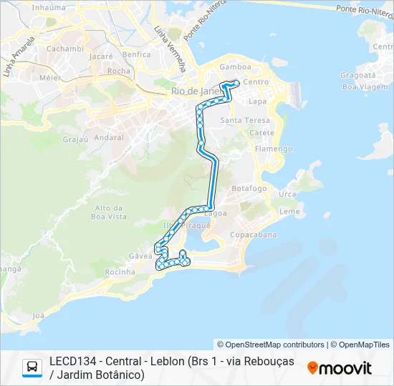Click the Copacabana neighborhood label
tap(253, 234)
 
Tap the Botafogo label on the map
tap(249, 188)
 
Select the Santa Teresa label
tap(245, 120)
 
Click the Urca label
tap(287, 194)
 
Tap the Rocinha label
tap(120, 272)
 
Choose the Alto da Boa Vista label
tap(110, 212)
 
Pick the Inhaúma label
tap(49, 7)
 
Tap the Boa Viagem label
tap(360, 86)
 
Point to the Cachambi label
tap(66, 49)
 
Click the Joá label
tap(39, 315)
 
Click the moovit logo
tap(340, 367)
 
